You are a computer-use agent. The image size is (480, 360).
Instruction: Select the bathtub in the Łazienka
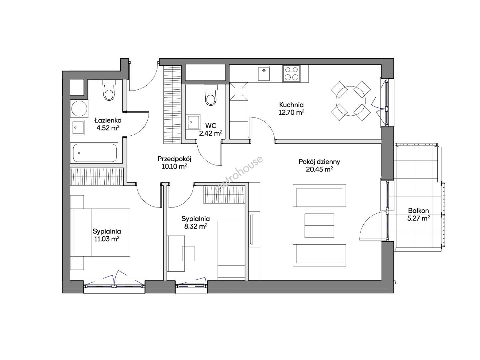[94, 153]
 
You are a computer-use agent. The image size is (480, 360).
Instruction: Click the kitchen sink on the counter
[264, 73]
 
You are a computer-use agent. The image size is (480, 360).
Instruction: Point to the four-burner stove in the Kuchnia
[291, 74]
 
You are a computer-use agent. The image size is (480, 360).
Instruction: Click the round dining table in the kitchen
[351, 101]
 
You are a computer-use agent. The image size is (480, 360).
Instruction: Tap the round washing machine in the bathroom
[79, 109]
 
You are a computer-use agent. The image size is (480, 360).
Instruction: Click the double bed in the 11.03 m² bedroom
[102, 232]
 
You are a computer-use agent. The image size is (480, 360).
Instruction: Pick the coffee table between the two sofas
[319, 225]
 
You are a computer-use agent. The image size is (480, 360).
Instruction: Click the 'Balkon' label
[418, 211]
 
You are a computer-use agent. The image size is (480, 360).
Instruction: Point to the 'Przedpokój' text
[174, 159]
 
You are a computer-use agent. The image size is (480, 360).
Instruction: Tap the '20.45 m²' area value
[319, 169]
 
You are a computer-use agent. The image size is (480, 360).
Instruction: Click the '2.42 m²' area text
[211, 133]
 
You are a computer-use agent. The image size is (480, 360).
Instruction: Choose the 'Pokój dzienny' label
[319, 162]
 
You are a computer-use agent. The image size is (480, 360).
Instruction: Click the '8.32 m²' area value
[196, 226]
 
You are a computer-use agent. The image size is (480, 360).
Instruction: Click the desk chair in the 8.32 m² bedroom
[188, 253]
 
